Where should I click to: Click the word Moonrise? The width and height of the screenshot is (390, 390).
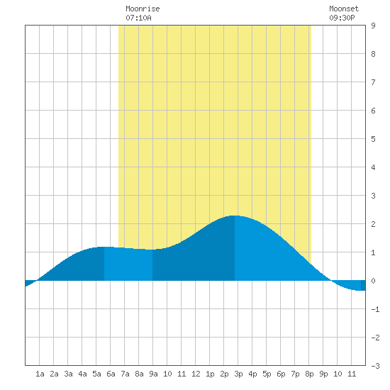143,9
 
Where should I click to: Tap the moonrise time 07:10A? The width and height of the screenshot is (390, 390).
138,18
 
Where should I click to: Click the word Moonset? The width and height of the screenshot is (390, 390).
344,9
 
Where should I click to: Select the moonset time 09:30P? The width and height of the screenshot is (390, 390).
342,18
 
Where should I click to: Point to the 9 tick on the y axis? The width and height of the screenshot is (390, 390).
373,26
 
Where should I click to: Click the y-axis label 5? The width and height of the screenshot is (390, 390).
373,139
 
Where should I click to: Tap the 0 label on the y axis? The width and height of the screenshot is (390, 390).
373,281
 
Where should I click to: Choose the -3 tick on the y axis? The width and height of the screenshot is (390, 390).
375,366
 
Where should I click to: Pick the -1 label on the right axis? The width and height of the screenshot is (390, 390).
375,309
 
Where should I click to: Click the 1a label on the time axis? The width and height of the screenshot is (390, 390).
40,374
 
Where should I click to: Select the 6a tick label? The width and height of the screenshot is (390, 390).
111,374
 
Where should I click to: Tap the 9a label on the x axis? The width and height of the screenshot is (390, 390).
153,374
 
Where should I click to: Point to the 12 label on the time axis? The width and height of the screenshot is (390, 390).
196,374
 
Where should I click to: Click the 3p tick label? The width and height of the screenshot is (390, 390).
238,374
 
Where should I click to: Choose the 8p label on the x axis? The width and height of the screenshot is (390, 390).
309,374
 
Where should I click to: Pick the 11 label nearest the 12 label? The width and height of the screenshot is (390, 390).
182,374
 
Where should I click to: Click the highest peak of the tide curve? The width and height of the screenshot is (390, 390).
235,216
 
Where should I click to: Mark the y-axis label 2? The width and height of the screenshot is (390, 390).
373,224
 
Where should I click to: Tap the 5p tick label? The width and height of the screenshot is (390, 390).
267,374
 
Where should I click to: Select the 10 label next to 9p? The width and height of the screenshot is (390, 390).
338,374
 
